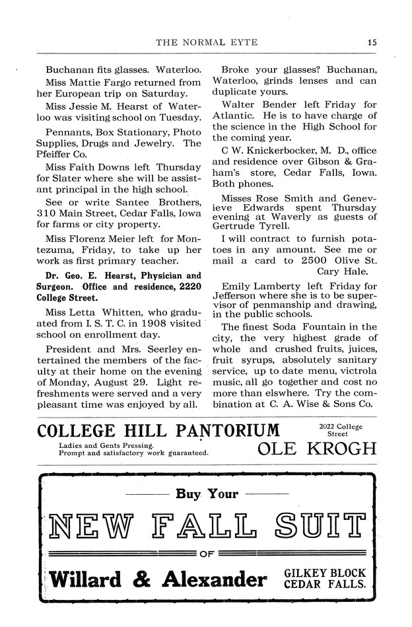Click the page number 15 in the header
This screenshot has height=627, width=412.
[x=372, y=43]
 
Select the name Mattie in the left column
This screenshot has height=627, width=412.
[x=89, y=83]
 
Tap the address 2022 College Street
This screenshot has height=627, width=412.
[x=343, y=430]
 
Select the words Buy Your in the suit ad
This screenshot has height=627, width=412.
[x=206, y=494]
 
